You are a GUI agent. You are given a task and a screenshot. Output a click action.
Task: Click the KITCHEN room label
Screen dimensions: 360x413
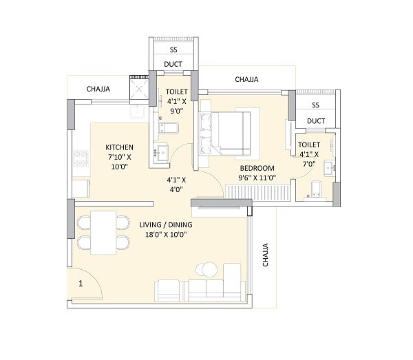point(119,148)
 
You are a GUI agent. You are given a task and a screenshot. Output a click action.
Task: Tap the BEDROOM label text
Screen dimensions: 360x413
point(257,168)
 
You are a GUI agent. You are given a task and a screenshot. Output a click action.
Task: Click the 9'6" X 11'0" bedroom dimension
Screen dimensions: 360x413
point(257,178)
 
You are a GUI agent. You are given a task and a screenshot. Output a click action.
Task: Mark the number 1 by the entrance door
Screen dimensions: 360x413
point(81,283)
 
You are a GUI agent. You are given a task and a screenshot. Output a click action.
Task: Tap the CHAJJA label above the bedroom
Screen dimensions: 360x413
point(246,80)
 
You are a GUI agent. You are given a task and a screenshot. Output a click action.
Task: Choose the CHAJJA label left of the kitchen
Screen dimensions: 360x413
point(99,89)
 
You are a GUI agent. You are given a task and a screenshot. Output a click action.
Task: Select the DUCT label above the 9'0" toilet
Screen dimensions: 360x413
point(173,65)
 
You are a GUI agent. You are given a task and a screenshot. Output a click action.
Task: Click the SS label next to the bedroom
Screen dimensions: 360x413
point(315,105)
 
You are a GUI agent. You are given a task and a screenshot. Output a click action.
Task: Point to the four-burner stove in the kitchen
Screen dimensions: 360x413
point(78,158)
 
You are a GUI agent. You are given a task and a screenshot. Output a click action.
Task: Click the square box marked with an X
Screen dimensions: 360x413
point(140,89)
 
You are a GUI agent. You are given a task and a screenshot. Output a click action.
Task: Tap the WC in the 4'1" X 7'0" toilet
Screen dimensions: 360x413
point(317,189)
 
